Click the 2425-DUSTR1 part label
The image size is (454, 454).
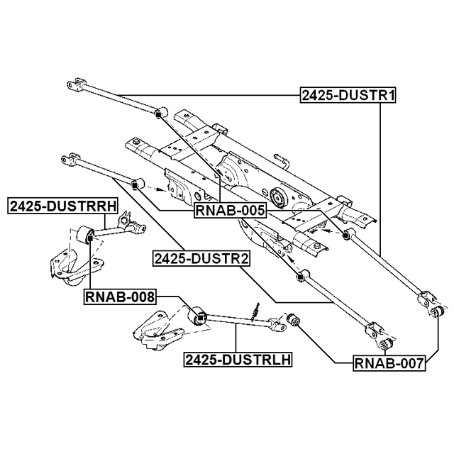coord(347,95)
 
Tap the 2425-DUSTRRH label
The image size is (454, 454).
coord(62,206)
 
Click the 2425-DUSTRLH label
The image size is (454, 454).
coord(238,359)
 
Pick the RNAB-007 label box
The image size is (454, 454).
coord(389,365)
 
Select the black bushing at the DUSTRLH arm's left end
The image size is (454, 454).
coord(199,315)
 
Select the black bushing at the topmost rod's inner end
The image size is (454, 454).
coord(159,112)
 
